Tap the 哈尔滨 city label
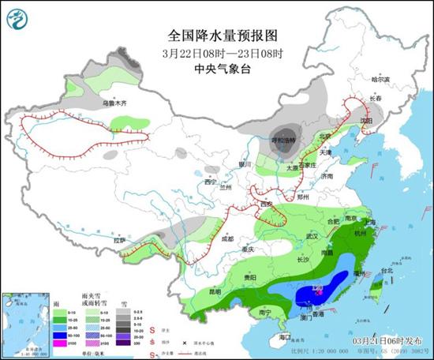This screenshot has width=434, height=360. [380, 79]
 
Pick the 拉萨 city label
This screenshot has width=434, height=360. [118, 239]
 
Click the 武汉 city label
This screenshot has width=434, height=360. [311, 235]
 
